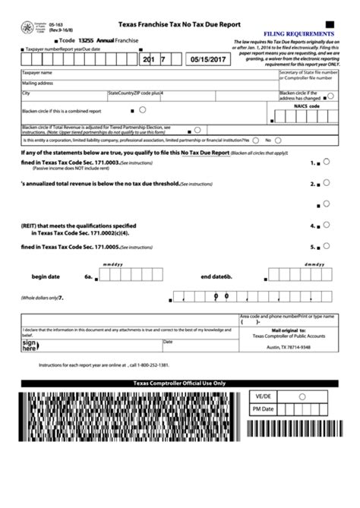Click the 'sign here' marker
click(30, 346)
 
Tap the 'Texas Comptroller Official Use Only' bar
click(179, 383)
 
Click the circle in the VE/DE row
click(302, 396)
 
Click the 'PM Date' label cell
click(262, 409)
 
